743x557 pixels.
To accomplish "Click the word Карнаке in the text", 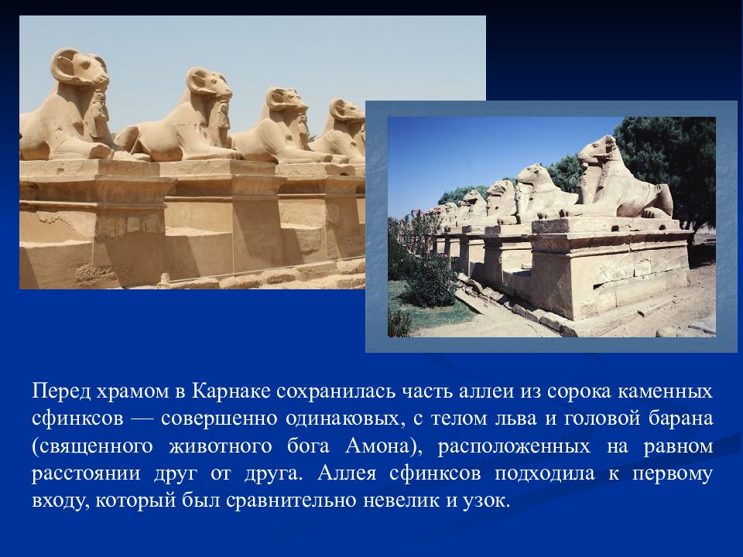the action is coord(231,391).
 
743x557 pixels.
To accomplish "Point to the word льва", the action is coord(515,419).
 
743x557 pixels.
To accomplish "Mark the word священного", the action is coord(92,446).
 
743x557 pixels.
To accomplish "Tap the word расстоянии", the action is coord(86,473).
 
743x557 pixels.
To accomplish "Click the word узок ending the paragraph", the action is coord(486,501).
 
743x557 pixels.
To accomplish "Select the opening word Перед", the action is coord(61,391).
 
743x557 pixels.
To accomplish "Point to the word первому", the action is coord(673,473).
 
